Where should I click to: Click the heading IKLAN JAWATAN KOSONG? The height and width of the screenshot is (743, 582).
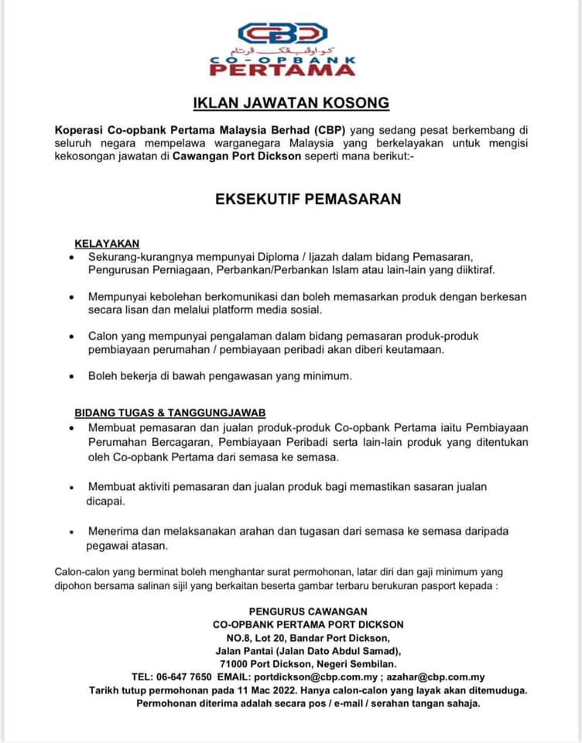291,102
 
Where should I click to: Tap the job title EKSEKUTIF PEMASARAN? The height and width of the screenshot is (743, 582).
308,199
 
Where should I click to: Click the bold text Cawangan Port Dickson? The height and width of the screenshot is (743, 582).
231,156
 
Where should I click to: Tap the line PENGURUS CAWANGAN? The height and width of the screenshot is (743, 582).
308,611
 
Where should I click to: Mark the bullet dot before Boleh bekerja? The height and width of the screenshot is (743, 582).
71,377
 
